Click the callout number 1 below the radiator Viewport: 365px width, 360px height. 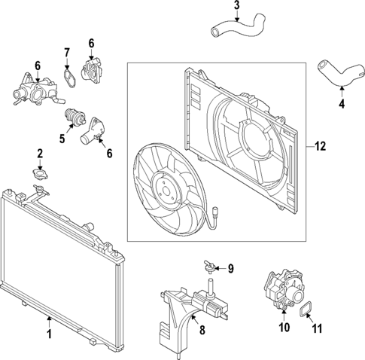50,332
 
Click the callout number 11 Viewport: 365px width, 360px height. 316,328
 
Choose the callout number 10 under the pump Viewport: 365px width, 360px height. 284,328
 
